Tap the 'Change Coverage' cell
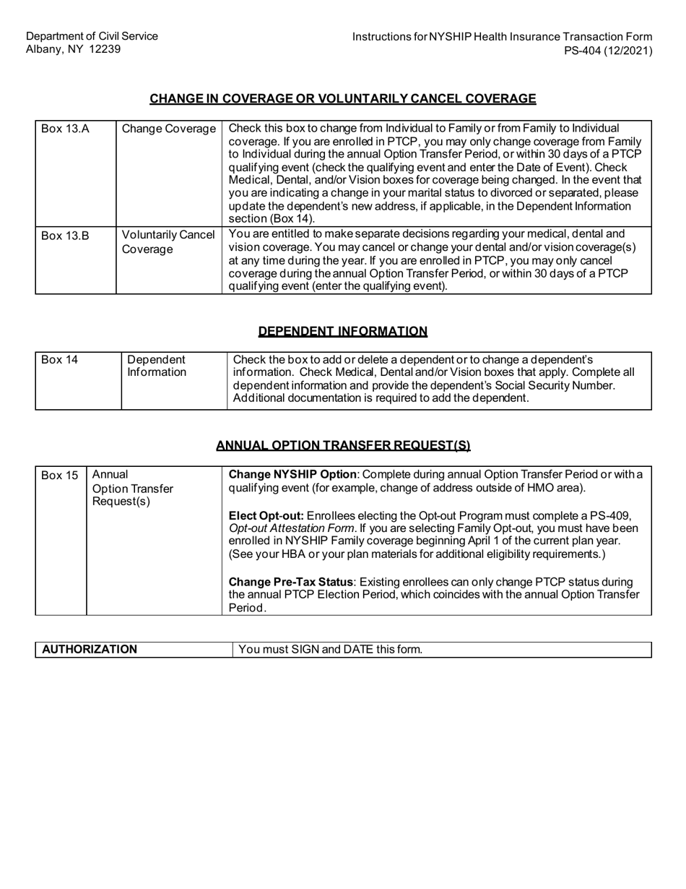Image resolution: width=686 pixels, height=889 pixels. [x=169, y=129]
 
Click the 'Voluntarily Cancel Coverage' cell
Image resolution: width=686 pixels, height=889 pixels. [x=169, y=241]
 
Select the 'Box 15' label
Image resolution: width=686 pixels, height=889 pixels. [x=59, y=475]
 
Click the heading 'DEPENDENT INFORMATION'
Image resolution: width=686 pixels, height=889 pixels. [x=342, y=332]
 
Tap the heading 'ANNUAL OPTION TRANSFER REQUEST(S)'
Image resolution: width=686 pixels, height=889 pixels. [x=343, y=446]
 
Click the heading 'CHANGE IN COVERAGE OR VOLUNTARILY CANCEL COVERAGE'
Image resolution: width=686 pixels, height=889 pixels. [x=342, y=99]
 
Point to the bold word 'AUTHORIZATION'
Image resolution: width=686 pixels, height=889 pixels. [x=90, y=650]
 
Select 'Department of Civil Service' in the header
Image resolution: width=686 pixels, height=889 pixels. [x=92, y=36]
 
